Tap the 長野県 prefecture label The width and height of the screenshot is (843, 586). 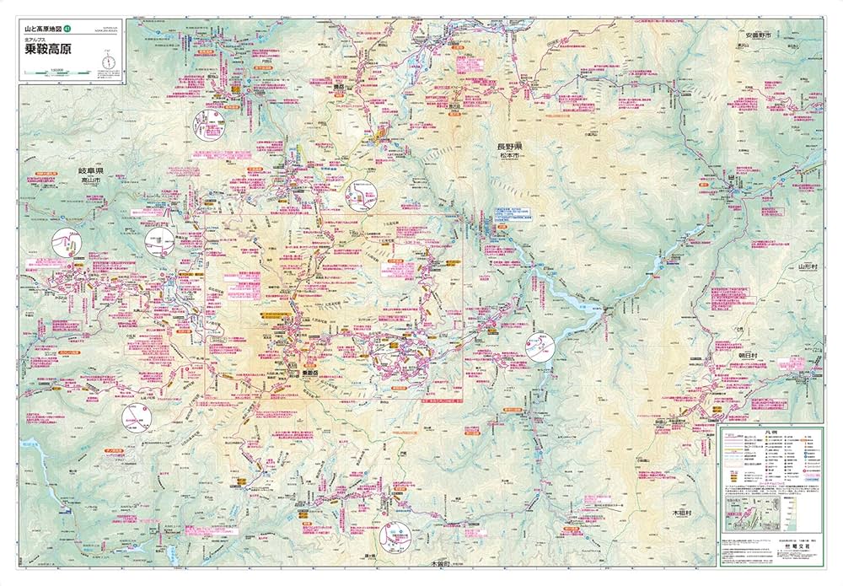(x=508, y=146)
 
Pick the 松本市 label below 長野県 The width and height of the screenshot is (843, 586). (x=508, y=155)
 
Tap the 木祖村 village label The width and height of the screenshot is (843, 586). (x=681, y=512)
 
